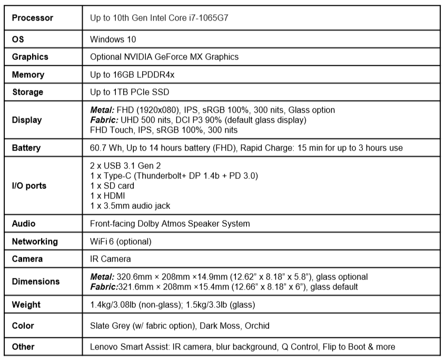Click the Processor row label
click(x=32, y=18)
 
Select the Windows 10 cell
click(x=114, y=39)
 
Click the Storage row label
click(x=27, y=92)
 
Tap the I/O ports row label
click(x=29, y=186)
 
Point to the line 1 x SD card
click(x=112, y=186)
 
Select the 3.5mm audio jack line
click(x=130, y=206)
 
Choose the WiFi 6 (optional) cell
click(x=121, y=242)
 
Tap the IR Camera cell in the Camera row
click(x=111, y=259)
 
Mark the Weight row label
click(x=26, y=305)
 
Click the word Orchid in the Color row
click(x=257, y=326)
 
